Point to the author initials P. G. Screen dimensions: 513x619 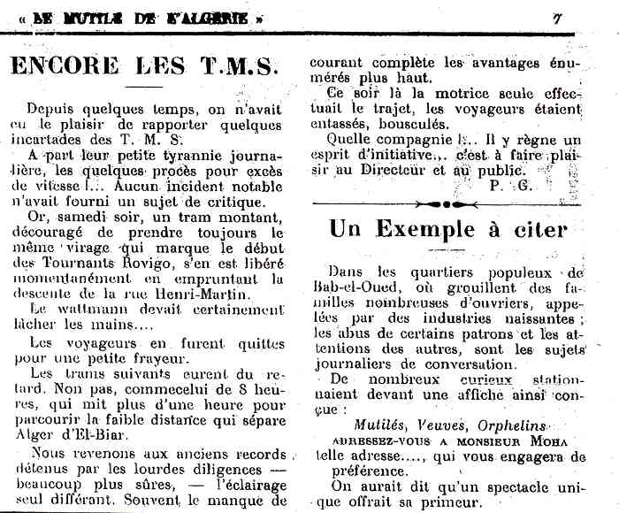(x=508, y=183)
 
